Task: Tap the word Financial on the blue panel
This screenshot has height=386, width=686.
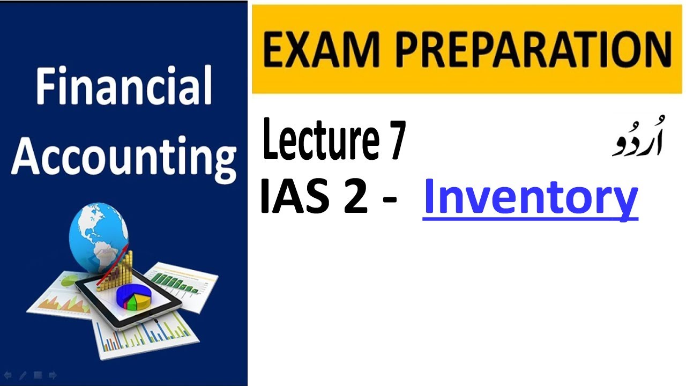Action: coord(124,87)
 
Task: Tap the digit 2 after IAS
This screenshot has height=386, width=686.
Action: coord(354,197)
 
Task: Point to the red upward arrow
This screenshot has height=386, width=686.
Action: coord(115,265)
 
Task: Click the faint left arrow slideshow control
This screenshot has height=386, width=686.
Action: coord(8,376)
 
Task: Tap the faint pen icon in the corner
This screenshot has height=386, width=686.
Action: coord(23,376)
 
